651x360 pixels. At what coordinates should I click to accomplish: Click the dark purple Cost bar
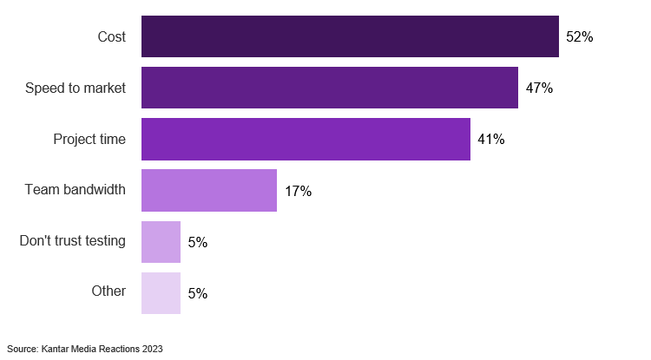[350, 36]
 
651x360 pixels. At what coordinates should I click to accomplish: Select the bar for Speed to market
[330, 88]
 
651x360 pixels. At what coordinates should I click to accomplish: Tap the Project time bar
[306, 139]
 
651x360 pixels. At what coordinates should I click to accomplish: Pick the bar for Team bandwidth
[209, 191]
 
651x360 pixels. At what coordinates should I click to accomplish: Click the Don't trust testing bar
[161, 242]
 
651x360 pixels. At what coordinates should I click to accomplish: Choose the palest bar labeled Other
[161, 293]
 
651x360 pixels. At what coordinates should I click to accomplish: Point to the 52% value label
[579, 36]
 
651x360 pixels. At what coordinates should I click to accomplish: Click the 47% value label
[539, 88]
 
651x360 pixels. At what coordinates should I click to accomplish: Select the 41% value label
[490, 139]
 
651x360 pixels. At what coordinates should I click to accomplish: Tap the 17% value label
[298, 191]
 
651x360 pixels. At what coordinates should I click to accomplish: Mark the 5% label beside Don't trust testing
[197, 242]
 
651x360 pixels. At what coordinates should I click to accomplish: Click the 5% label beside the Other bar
[197, 293]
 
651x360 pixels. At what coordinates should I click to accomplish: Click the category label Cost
[111, 36]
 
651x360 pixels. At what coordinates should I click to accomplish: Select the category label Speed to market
[76, 88]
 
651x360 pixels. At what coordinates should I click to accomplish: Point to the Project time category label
[89, 139]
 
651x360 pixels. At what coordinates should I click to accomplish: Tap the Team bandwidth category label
[76, 190]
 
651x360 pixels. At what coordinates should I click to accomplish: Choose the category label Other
[108, 291]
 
